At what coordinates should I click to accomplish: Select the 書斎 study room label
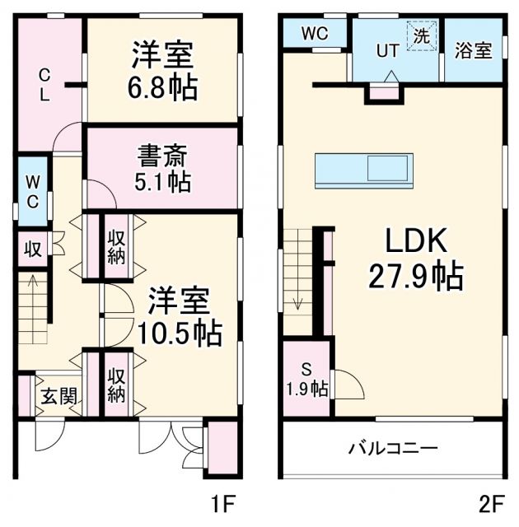(x=161, y=154)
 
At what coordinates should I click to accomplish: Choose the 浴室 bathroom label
(x=473, y=50)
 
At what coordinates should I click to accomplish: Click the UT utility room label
(x=387, y=50)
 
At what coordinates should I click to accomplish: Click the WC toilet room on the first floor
(x=30, y=190)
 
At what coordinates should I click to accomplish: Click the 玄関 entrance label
(x=59, y=397)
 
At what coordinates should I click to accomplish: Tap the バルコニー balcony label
(x=392, y=449)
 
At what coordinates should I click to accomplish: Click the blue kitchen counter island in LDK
(x=364, y=170)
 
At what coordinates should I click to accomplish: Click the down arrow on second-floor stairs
(x=297, y=298)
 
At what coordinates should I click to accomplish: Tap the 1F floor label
(x=225, y=501)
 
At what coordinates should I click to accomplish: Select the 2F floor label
(x=492, y=501)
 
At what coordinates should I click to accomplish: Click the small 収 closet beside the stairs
(x=31, y=248)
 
